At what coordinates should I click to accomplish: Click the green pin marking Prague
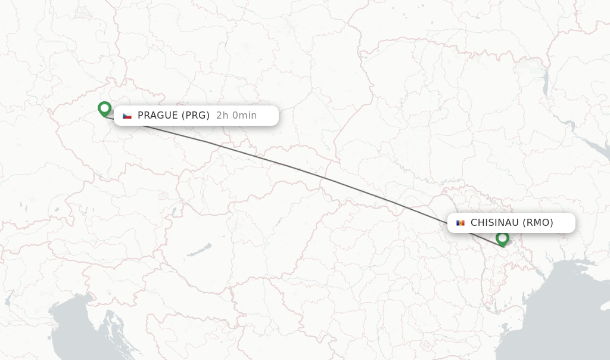[x=104, y=108]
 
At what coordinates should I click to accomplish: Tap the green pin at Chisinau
[x=502, y=238]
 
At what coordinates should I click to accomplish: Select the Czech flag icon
[x=127, y=116]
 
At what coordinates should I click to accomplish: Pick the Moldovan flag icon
[x=460, y=223]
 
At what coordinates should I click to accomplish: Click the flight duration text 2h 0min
[x=236, y=116]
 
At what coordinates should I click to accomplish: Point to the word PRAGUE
[x=157, y=116]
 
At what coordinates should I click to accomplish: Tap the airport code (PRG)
[x=195, y=116]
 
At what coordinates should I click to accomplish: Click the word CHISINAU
[x=494, y=223]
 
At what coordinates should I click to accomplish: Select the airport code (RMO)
[x=538, y=223]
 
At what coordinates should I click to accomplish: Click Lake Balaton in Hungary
[x=199, y=250]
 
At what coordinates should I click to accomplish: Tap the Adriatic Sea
[x=77, y=334]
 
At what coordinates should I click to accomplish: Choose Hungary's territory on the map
[x=238, y=238]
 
